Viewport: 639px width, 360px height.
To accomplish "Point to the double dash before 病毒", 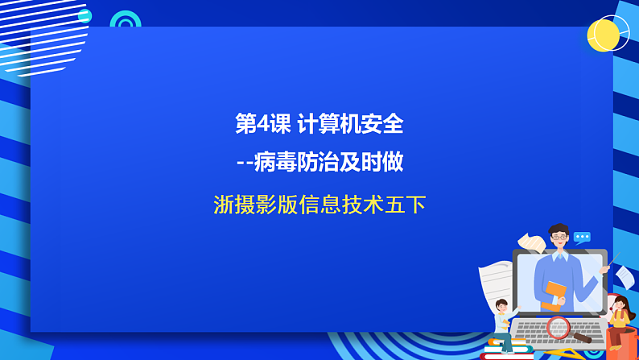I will (x=245, y=164).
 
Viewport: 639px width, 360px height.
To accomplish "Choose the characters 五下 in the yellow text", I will (x=406, y=205).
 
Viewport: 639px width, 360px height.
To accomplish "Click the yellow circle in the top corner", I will (x=603, y=35).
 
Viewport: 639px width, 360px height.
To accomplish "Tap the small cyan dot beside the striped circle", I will (x=85, y=15).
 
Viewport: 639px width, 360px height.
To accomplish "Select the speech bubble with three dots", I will (x=582, y=238).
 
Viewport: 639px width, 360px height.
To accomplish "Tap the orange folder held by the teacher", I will (x=554, y=293).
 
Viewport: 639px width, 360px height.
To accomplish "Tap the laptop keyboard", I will (x=555, y=331).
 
